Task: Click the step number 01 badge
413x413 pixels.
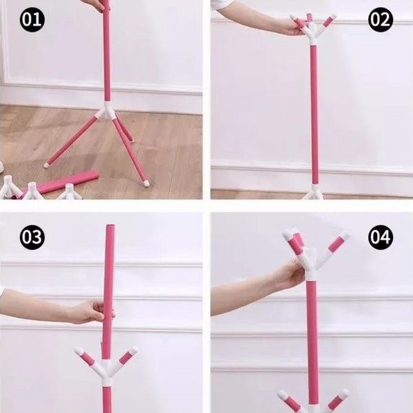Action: [32, 19]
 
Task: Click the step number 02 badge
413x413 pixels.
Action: [381, 19]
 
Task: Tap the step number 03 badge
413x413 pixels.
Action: [32, 237]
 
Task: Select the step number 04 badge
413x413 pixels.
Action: [381, 237]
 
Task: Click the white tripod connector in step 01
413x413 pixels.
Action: [106, 111]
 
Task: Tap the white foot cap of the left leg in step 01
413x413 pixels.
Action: [47, 165]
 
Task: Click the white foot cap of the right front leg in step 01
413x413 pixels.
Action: [146, 183]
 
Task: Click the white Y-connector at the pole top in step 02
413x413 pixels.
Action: [313, 34]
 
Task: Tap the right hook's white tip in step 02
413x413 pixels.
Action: [332, 17]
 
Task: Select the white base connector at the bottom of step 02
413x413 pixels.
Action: [314, 193]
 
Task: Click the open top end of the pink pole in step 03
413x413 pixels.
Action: [110, 226]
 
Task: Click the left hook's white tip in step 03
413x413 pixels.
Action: [79, 350]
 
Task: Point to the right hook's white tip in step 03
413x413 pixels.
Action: [134, 350]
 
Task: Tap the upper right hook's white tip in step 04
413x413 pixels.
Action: [344, 236]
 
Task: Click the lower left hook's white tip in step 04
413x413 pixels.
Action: [282, 394]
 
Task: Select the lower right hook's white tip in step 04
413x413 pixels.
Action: [344, 394]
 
